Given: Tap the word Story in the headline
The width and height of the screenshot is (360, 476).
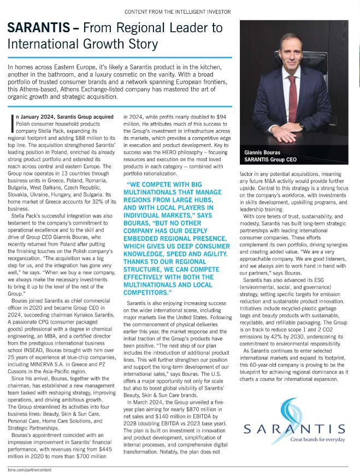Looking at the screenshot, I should pyautogui.click(x=138, y=44).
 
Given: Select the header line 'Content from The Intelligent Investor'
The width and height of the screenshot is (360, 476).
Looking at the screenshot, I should pyautogui.click(x=178, y=11).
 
